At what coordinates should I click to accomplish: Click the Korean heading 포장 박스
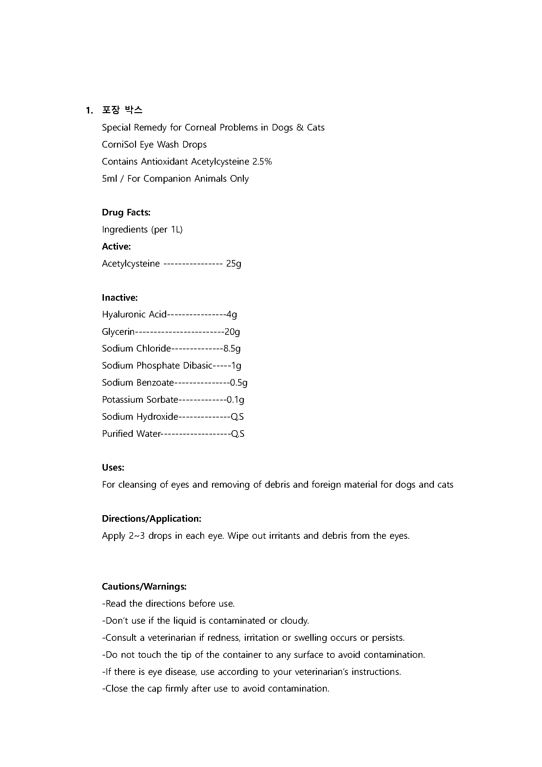[x=122, y=110]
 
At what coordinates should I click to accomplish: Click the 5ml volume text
[x=109, y=179]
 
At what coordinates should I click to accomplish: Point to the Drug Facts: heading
[x=126, y=212]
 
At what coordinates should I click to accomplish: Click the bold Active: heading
[x=116, y=247]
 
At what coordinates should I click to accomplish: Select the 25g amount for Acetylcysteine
[x=234, y=264]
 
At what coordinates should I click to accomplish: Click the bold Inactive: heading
[x=120, y=298]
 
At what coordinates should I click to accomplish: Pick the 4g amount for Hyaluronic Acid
[x=232, y=315]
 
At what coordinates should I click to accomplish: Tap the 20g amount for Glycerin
[x=232, y=332]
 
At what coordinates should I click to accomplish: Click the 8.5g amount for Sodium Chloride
[x=232, y=349]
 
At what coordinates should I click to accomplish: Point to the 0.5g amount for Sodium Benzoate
[x=239, y=383]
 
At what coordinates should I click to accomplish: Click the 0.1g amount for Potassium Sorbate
[x=235, y=400]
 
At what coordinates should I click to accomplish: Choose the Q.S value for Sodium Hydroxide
[x=237, y=417]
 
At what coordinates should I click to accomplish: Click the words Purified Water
[x=131, y=434]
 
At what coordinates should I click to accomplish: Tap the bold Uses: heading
[x=113, y=468]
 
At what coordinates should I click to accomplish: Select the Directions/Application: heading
[x=151, y=519]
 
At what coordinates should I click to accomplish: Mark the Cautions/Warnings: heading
[x=144, y=587]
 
